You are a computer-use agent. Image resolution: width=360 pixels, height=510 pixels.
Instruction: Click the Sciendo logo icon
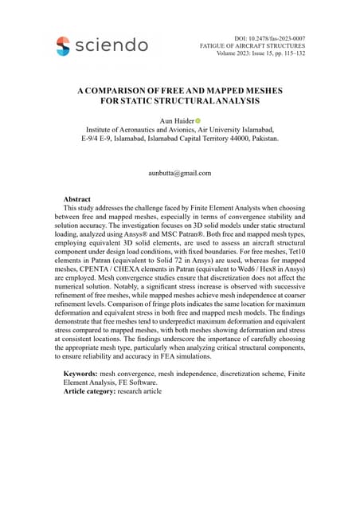(x=63, y=45)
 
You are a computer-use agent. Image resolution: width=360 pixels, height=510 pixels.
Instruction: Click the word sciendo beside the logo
(x=111, y=45)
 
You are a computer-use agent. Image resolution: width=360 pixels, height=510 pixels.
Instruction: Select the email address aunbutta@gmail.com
(x=179, y=173)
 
